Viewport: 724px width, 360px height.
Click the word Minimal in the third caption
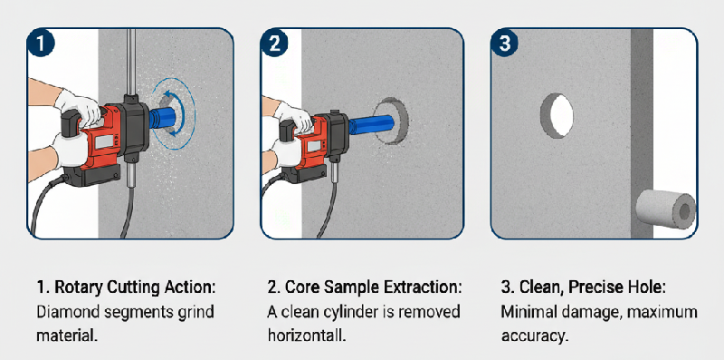(x=529, y=312)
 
